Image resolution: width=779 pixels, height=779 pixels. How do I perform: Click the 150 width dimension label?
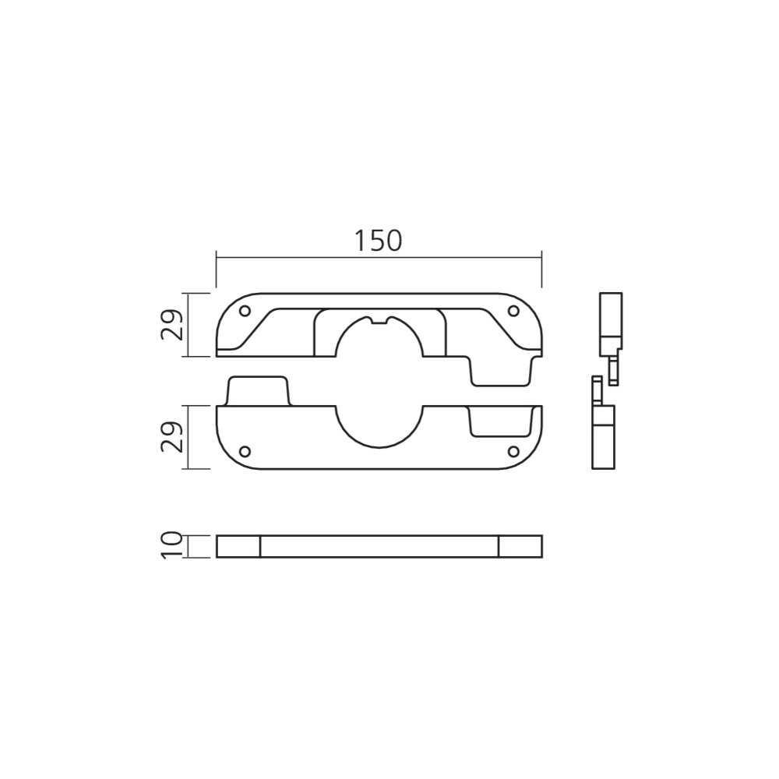pyautogui.click(x=378, y=241)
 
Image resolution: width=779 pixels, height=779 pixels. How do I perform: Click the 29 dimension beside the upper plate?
pyautogui.click(x=172, y=325)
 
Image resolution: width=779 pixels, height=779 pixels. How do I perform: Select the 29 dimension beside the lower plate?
pyautogui.click(x=172, y=437)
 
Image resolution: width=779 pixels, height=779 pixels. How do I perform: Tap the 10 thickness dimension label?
pyautogui.click(x=172, y=546)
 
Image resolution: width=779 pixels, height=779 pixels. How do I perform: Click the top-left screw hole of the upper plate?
pyautogui.click(x=245, y=311)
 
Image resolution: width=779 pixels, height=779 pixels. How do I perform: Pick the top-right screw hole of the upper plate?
pyautogui.click(x=513, y=311)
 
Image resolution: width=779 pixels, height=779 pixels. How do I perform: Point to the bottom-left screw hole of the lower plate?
pyautogui.click(x=245, y=451)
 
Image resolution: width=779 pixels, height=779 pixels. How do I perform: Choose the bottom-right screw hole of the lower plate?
pyautogui.click(x=513, y=451)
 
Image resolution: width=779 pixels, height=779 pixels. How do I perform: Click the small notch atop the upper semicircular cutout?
pyautogui.click(x=379, y=320)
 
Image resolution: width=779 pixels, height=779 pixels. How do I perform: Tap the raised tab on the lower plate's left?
pyautogui.click(x=257, y=391)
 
